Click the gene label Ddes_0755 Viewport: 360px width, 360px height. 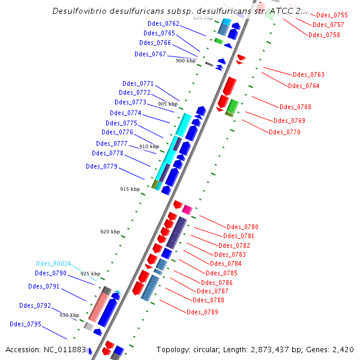pos(332,15)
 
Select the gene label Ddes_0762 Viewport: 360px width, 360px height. pos(163,23)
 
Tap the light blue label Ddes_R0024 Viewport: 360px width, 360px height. pos(53,263)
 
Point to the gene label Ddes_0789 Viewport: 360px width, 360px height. pos(202,312)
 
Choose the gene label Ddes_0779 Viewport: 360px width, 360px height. pos(101,166)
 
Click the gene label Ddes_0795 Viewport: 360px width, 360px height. pos(25,324)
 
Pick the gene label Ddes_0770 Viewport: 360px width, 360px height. pos(284,132)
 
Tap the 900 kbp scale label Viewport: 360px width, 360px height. pos(185,61)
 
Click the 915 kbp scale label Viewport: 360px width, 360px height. pos(130,189)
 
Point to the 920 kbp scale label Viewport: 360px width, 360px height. pos(110,232)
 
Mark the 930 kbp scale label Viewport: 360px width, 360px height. pos(69,315)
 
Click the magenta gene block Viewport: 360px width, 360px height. pos(187,209)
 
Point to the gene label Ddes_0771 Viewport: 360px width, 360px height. pos(138,83)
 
